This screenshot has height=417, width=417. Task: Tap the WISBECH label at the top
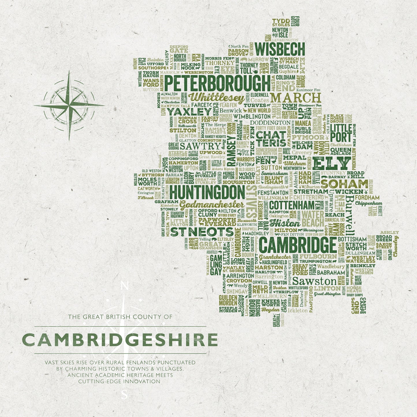coord(280,49)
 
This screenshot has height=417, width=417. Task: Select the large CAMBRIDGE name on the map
coord(298,245)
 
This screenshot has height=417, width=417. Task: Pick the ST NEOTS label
coord(202,232)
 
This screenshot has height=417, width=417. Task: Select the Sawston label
coord(314,281)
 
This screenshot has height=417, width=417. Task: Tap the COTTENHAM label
coord(291,205)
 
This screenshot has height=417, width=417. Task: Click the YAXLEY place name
coord(189,111)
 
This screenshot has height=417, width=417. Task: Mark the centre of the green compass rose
coord(69,105)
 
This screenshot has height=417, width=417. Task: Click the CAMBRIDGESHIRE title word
coord(120,340)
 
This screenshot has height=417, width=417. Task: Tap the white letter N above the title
coord(124,286)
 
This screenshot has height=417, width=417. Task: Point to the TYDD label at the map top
coord(281,21)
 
